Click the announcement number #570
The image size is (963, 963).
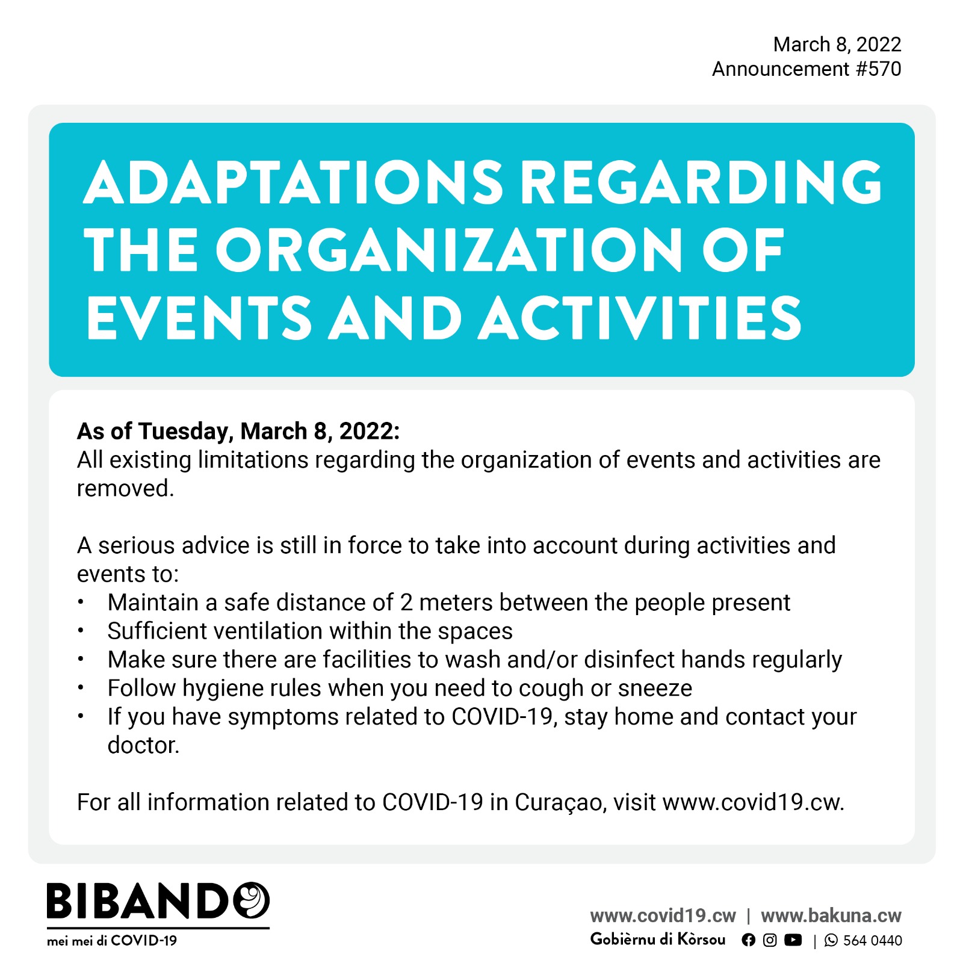click(878, 69)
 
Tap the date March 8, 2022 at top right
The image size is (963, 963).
click(837, 45)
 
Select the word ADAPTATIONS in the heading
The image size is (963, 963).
click(293, 182)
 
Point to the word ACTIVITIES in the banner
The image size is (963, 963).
click(640, 318)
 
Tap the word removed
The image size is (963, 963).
click(125, 489)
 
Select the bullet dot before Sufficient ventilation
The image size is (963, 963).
click(81, 631)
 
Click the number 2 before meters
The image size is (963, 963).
click(406, 602)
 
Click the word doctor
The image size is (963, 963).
click(143, 746)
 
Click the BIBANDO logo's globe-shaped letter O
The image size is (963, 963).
click(250, 900)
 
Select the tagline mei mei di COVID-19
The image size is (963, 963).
click(112, 941)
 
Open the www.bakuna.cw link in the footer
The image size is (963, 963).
click(831, 916)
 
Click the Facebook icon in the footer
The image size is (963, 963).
click(748, 940)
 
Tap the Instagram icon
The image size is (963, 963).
click(770, 940)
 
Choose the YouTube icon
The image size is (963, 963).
click(793, 940)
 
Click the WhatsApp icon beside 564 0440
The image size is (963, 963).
click(831, 941)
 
